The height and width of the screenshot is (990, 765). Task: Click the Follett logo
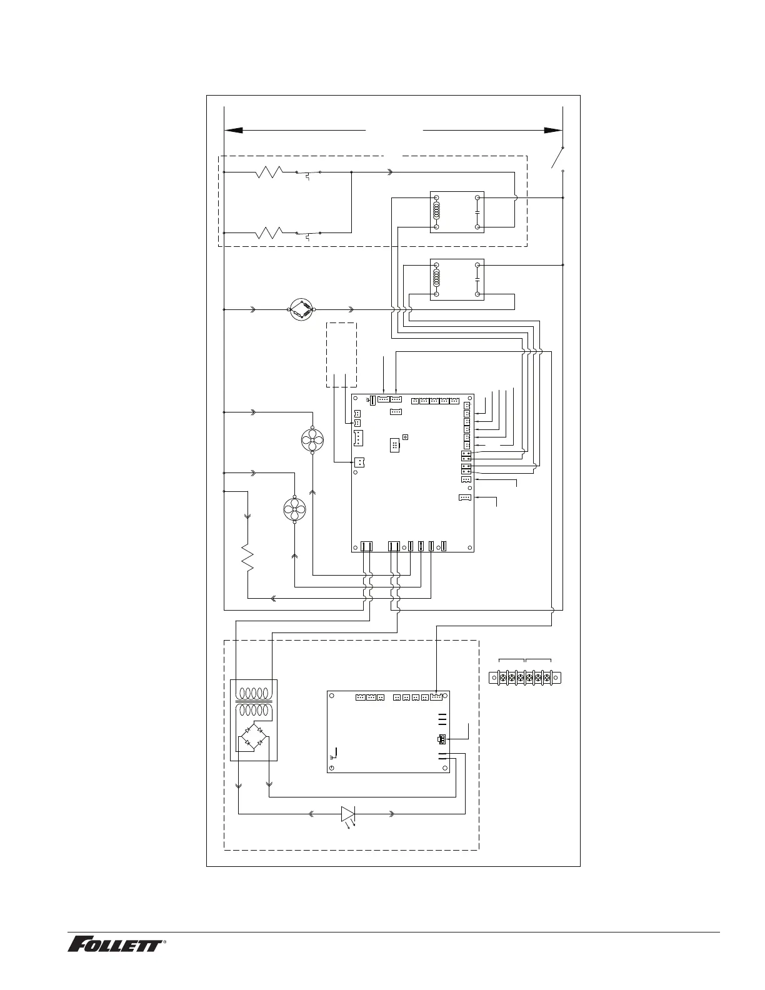(x=116, y=944)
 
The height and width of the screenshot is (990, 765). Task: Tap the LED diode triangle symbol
(x=348, y=814)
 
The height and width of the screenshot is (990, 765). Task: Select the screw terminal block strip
(x=524, y=677)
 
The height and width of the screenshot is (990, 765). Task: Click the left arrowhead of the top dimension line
(x=233, y=131)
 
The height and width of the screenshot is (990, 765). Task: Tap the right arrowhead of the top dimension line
(x=553, y=131)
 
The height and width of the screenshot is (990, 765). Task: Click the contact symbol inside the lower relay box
(x=477, y=280)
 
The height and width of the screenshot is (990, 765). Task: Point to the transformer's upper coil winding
(x=253, y=694)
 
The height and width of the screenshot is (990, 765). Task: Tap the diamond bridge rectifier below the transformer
(x=253, y=736)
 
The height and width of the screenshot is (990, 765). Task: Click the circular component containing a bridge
(x=302, y=309)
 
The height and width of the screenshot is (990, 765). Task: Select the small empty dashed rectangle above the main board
(x=341, y=355)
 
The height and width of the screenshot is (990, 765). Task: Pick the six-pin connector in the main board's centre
(x=394, y=446)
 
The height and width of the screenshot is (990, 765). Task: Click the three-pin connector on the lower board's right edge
(x=442, y=739)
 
